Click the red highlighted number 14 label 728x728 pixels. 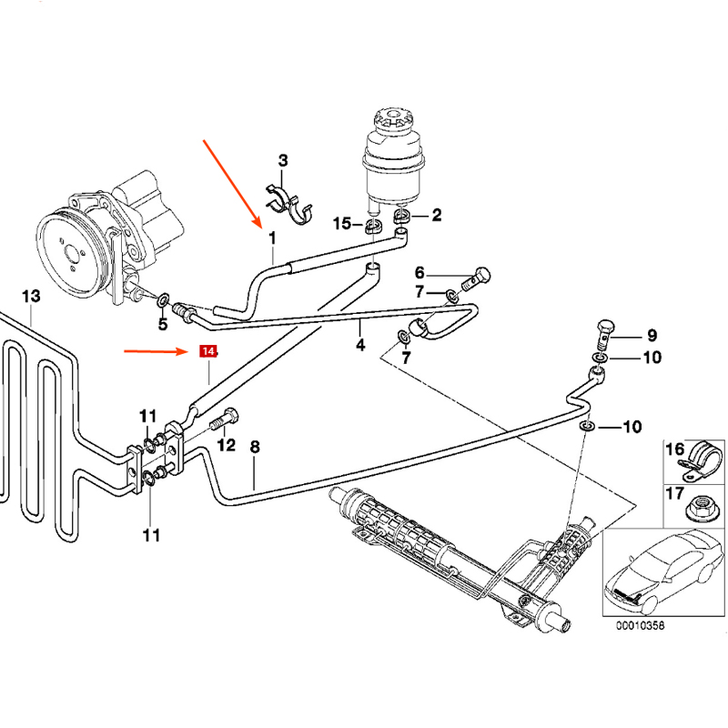tap(208, 350)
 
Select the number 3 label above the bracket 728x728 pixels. tap(283, 161)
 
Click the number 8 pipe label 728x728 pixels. tap(255, 447)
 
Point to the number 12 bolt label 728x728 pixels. tap(226, 445)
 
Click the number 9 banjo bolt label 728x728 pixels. tap(652, 334)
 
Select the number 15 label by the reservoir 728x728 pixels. tap(341, 223)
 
